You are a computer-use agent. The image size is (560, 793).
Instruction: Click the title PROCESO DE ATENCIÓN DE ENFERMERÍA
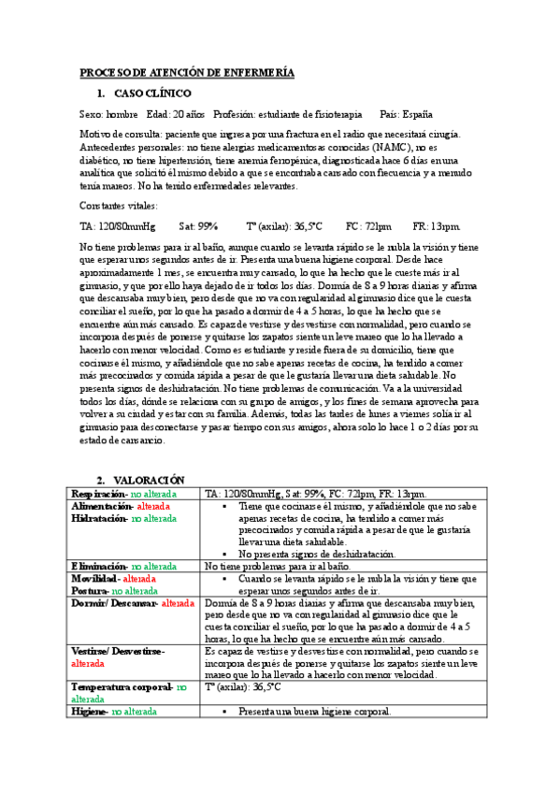click(187, 72)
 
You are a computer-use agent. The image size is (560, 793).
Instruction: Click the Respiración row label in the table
click(99, 493)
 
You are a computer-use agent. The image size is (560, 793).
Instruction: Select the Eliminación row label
click(100, 566)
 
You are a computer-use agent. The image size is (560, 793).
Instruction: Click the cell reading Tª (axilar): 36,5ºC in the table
click(242, 687)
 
